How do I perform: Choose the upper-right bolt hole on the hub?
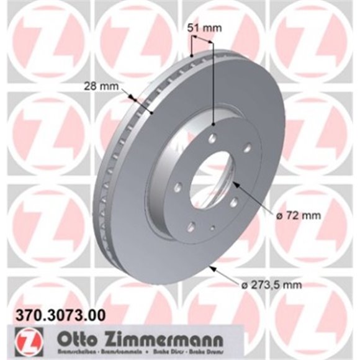pos(246,147)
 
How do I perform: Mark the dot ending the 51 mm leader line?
pos(212,125)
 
